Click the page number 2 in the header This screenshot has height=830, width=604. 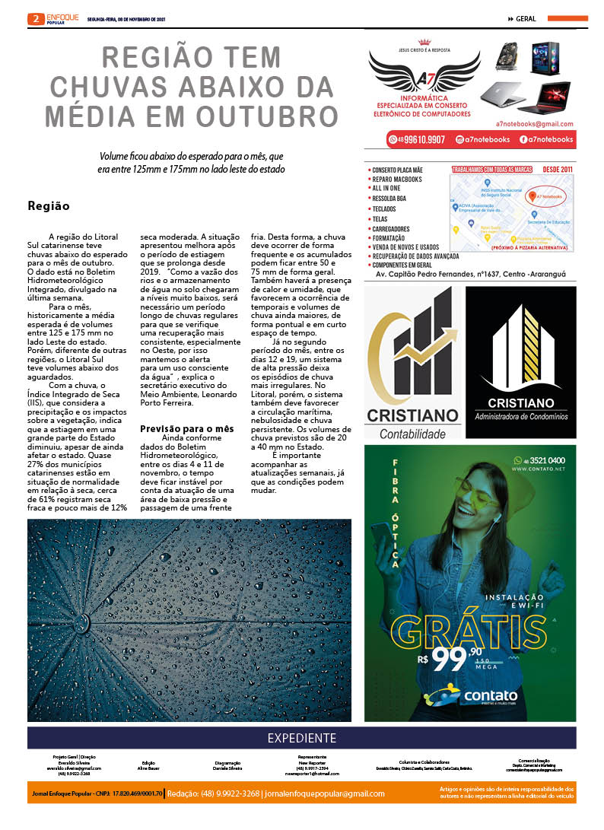click(x=35, y=19)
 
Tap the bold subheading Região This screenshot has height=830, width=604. click(x=49, y=205)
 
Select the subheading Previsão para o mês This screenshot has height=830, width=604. click(x=186, y=429)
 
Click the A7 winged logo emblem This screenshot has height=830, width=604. click(x=424, y=72)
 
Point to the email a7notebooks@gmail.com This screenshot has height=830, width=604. click(x=534, y=123)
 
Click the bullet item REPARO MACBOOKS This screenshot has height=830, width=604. click(x=396, y=179)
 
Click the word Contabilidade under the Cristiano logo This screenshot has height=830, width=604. click(x=412, y=434)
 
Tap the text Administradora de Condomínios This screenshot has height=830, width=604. click(x=521, y=417)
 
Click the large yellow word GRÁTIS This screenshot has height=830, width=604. click(x=470, y=630)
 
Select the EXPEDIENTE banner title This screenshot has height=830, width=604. click(x=301, y=738)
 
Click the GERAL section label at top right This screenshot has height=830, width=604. click(x=526, y=19)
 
